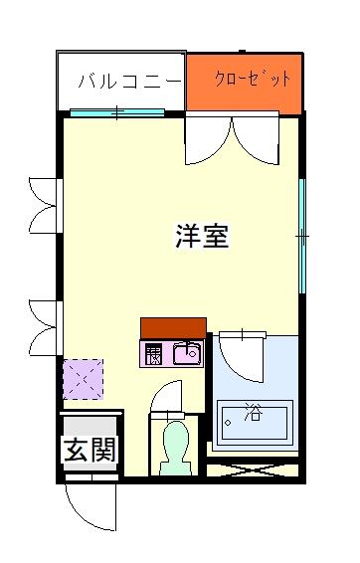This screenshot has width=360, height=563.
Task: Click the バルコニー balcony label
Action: [130, 82]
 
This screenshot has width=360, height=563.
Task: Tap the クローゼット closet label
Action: [253, 79]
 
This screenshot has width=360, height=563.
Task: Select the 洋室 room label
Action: [202, 236]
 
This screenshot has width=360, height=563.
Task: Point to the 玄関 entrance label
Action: [90, 450]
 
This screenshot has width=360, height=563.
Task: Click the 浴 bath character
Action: [254, 412]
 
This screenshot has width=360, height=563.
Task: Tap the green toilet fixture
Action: [175, 448]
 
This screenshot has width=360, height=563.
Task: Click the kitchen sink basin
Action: [187, 353]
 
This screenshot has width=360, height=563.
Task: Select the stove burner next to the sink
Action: [153, 355]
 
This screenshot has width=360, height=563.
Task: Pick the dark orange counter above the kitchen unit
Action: [173, 328]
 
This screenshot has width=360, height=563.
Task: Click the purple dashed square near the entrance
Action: [84, 379]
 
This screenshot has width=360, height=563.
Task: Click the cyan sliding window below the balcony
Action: [117, 112]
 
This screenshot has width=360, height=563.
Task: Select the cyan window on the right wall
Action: [302, 237]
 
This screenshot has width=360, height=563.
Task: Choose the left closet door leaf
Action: [208, 140]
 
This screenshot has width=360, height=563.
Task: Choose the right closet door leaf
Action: [256, 140]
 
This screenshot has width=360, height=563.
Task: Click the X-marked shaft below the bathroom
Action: [253, 470]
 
